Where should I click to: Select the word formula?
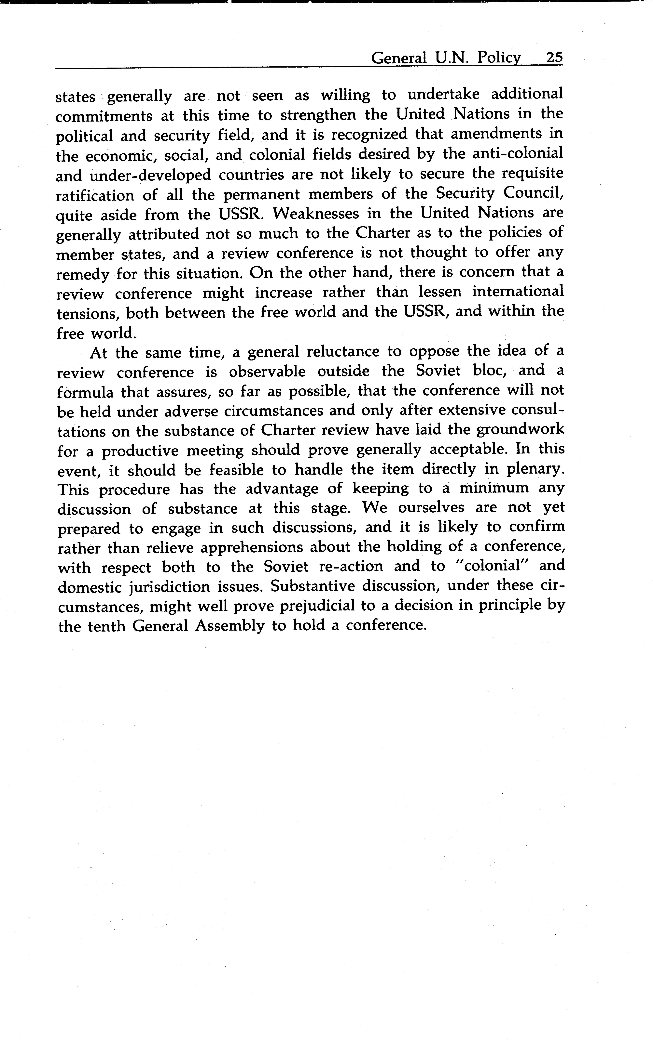coord(86,392)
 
